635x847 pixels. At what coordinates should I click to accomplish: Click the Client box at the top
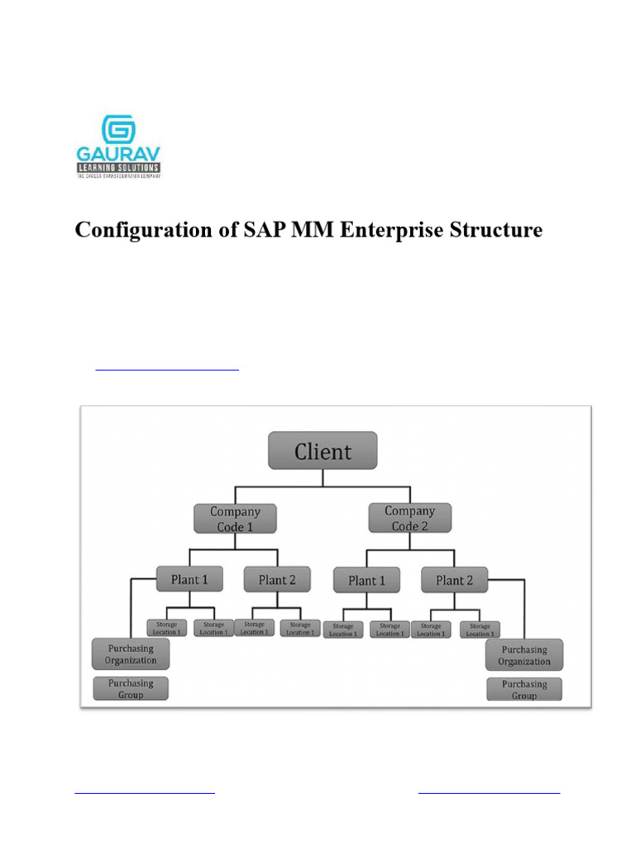coord(322,451)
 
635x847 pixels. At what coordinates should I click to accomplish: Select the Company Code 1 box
coord(235,519)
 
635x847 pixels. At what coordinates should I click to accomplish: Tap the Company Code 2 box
coord(409,519)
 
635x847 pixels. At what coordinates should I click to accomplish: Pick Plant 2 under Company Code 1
coord(276,579)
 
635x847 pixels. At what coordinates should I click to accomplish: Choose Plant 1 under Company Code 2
coord(366,580)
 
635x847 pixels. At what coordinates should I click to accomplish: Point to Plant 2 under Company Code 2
coord(454,580)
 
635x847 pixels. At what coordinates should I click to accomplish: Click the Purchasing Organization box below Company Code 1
coord(131,653)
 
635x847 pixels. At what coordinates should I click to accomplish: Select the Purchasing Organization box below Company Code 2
coord(523,654)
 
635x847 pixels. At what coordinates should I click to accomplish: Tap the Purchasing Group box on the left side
coord(131,688)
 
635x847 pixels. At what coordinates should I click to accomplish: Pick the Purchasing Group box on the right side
coord(523,689)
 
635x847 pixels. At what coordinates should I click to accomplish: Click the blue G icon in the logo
coord(119,131)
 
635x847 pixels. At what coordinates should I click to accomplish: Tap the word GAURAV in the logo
coord(119,155)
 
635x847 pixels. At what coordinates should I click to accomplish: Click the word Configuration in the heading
coord(136,229)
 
